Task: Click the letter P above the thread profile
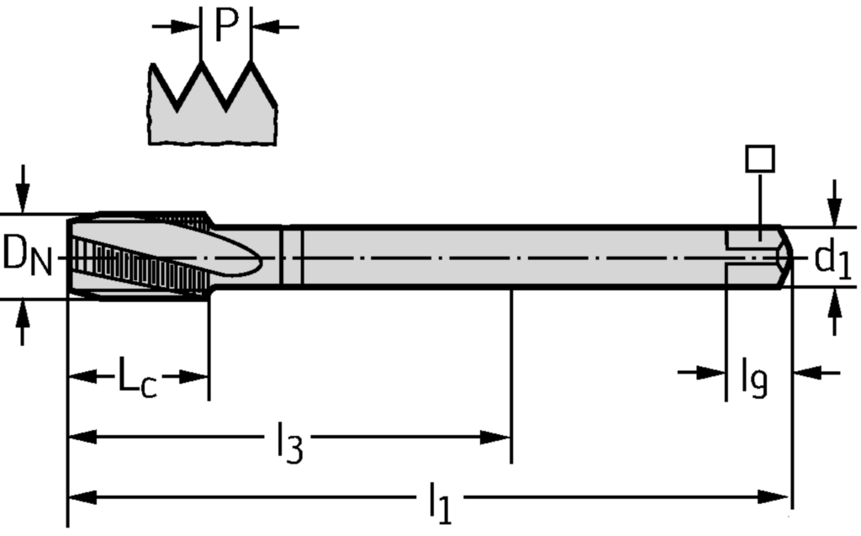click(x=226, y=25)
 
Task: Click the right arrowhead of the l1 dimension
click(x=778, y=497)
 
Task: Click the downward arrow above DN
click(x=24, y=199)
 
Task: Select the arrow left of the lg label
click(x=711, y=372)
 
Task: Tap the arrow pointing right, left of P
click(x=186, y=26)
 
